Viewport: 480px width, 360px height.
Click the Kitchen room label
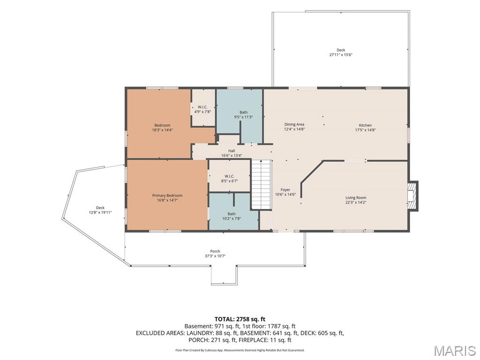[365, 125]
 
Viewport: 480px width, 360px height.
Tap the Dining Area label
[294, 124]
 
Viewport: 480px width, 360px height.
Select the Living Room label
[356, 198]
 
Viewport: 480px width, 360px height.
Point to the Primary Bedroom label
[167, 195]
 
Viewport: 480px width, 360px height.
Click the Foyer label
[285, 190]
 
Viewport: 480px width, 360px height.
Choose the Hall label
[232, 151]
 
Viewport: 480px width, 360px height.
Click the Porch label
[215, 251]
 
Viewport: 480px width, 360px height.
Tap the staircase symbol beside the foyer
[262, 185]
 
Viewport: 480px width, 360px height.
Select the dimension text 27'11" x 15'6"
[341, 55]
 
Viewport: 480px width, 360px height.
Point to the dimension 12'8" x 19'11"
[100, 212]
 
